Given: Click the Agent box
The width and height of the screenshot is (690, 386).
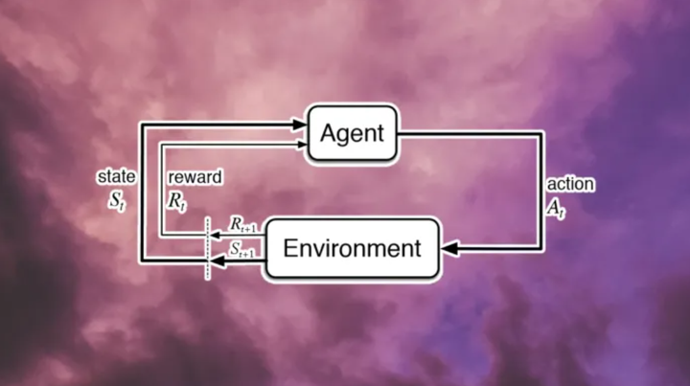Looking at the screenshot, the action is coord(352,133).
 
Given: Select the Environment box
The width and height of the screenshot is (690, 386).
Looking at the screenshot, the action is coord(353,248).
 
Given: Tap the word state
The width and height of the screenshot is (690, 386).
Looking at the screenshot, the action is coord(116,177).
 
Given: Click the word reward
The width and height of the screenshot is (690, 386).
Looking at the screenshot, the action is coord(195,177).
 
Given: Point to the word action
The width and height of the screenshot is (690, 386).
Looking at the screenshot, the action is coord(570,184).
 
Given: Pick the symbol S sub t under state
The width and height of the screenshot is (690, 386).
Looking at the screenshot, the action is coord(117,201).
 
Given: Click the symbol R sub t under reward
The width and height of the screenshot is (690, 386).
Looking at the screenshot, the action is coord(177,202).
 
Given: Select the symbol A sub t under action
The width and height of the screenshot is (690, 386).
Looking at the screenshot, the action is coord(555,208).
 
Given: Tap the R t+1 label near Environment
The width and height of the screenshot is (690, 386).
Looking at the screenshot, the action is coord(242,225).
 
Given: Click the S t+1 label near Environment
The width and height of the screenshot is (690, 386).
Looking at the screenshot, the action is coord(241,249).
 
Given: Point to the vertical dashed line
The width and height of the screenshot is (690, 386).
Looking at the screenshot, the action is coord(207,248).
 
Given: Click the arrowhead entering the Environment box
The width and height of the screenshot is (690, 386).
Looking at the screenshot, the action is coord(449,248).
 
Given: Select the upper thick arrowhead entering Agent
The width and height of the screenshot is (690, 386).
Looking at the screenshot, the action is coord(300,125).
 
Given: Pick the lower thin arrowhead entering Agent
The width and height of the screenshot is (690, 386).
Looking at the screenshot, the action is coord(302,145).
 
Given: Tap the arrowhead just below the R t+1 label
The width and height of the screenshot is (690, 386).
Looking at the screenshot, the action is coord(215,236).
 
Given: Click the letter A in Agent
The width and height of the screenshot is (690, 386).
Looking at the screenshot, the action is coord(329,133).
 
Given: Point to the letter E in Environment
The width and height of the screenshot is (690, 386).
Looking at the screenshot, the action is coord(290,248).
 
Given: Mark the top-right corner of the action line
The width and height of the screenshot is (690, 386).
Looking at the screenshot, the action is coord(540,134).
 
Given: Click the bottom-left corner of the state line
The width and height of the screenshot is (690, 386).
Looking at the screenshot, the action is coord(142,261).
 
